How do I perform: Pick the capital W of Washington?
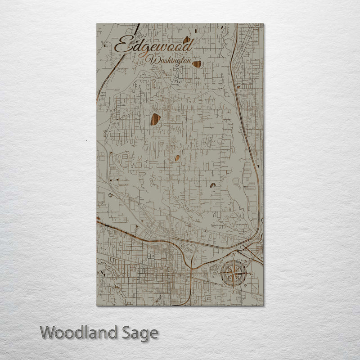point(154,60)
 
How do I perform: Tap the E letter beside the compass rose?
point(252,274)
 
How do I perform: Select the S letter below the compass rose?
point(233,291)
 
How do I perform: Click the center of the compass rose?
point(233,273)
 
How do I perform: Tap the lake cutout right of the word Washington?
point(197,64)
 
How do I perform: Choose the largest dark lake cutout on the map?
point(156,119)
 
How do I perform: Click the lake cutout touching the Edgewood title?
point(186,40)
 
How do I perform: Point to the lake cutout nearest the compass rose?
point(213,185)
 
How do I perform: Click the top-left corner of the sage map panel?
point(97,24)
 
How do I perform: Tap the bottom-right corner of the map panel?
point(264,306)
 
